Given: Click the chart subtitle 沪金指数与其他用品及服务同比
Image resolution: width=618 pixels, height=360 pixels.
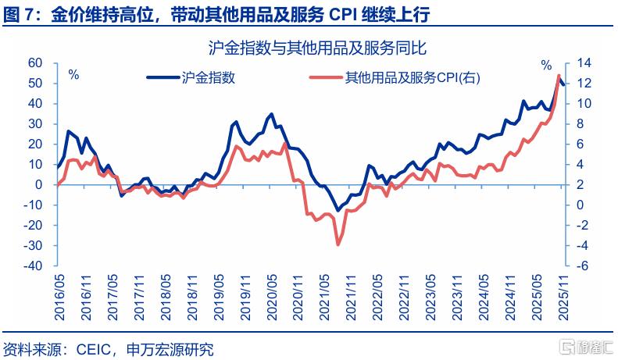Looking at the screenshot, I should coord(316,48).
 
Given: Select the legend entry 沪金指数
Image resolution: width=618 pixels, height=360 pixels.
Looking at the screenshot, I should coord(208,77).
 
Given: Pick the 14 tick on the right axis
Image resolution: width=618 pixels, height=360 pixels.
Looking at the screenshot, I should coord(584,63).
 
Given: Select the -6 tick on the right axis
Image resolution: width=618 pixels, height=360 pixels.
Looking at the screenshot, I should coord(582,266).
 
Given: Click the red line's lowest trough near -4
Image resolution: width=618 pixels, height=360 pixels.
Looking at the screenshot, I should coord(338,244).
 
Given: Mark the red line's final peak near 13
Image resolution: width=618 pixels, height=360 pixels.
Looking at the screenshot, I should coord(559,75).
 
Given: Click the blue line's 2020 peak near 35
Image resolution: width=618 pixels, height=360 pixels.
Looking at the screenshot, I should coord(271,114).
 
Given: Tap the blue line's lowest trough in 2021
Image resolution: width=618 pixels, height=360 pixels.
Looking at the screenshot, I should coord(338,211).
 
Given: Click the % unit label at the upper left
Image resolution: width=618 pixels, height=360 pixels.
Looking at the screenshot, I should coord(73,75).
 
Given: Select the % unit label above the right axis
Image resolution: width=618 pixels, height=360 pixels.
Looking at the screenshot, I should coord(547,62).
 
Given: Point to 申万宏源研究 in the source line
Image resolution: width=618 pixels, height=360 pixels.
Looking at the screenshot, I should coord(169,348).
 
